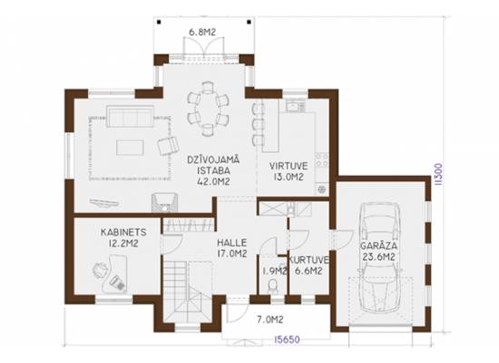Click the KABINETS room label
[x=123, y=232]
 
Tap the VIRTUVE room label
[x=289, y=166]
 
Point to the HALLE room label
[x=231, y=243]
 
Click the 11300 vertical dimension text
[x=438, y=174]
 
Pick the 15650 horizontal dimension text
[x=287, y=339]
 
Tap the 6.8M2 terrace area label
[x=202, y=32]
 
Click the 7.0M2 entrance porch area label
[x=270, y=319]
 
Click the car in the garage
[x=379, y=257]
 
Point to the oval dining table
[x=208, y=109]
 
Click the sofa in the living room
[x=130, y=116]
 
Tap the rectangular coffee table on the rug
[x=130, y=148]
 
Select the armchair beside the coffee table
[x=168, y=145]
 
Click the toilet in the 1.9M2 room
[x=273, y=285]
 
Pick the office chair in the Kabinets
[x=101, y=270]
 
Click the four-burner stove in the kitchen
[x=322, y=160]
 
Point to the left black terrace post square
[x=159, y=22]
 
